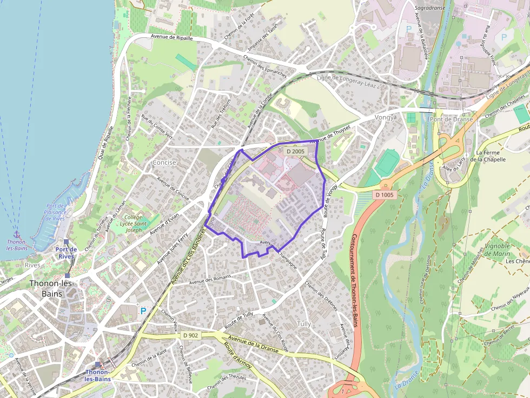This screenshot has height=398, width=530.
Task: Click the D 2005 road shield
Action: click(x=296, y=151)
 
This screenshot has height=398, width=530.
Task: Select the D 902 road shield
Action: click(x=191, y=336)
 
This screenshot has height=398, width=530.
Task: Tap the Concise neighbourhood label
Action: click(x=164, y=162)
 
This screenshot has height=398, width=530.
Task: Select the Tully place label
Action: click(x=304, y=324)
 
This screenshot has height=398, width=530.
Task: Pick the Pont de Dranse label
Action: click(x=451, y=119)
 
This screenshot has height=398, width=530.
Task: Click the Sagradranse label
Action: click(x=429, y=9)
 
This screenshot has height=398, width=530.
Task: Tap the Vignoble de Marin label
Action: click(x=497, y=249)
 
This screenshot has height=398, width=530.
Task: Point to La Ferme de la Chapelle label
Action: click(x=491, y=156)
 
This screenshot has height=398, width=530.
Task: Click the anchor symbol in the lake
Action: click(x=16, y=234)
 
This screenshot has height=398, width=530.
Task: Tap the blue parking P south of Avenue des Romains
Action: click(x=143, y=311)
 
